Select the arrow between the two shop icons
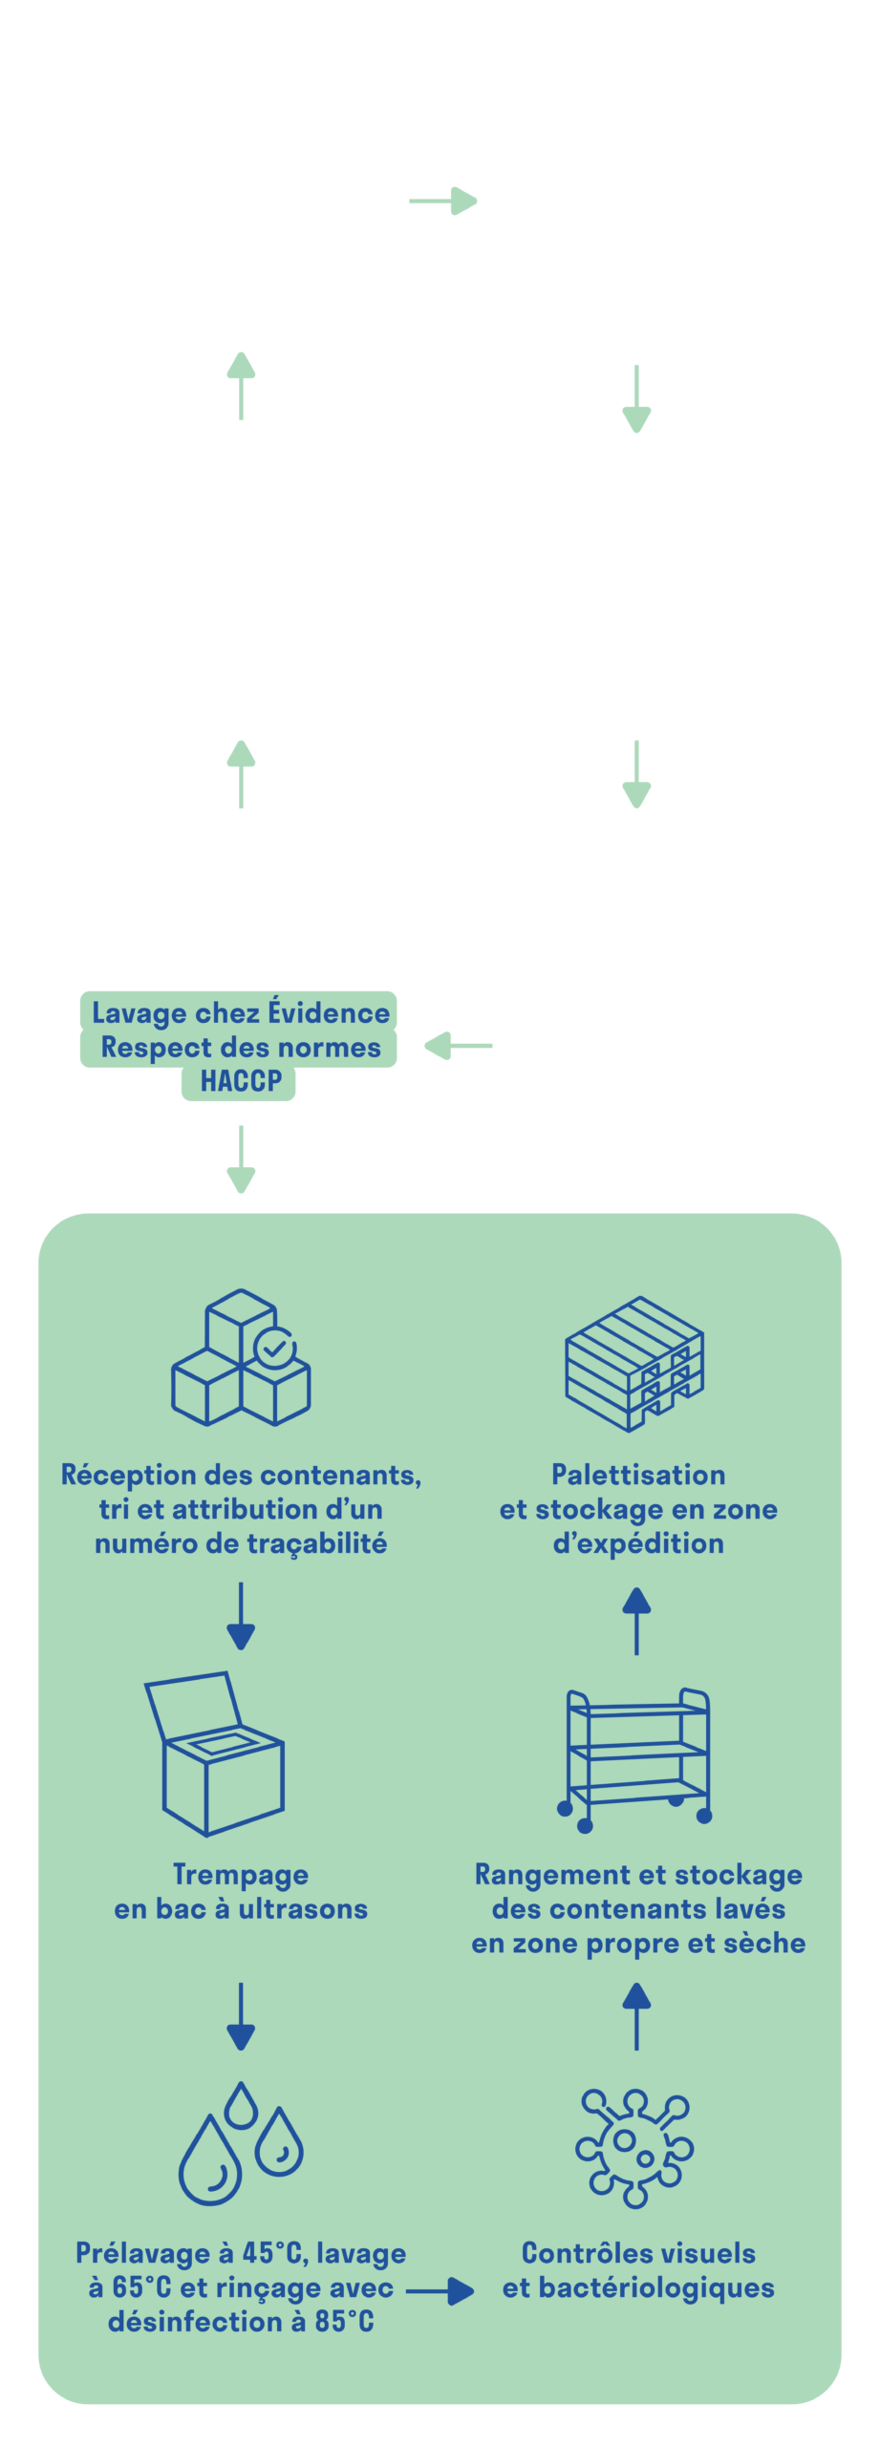[x=442, y=202]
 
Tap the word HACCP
[x=241, y=1081]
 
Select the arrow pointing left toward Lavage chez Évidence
[x=458, y=1046]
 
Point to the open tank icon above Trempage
[x=215, y=1754]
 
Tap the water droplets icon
[x=241, y=2144]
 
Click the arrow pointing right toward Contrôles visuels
[x=440, y=2290]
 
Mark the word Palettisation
[x=638, y=1475]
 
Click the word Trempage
[x=241, y=1875]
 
